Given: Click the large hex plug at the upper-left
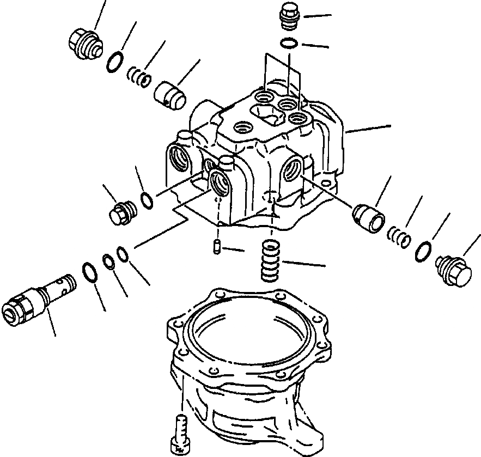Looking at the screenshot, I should click(84, 42).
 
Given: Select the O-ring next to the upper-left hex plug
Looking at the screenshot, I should click(114, 62).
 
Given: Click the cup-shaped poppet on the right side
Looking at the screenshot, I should click(369, 217).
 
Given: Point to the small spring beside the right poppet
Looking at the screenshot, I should click(399, 237).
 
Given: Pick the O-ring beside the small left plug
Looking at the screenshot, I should click(146, 200).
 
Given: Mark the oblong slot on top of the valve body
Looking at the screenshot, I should click(264, 114).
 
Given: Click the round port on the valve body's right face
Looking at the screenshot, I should click(293, 168).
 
